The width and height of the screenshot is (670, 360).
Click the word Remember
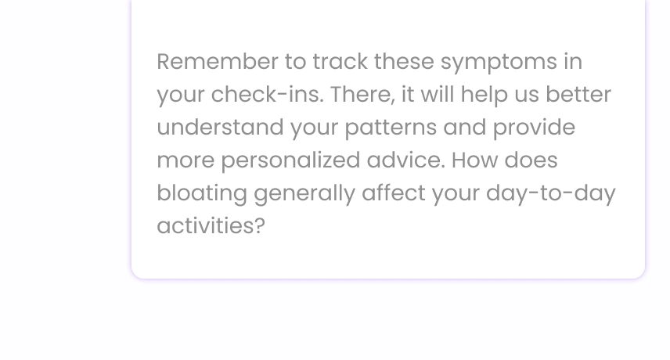218,62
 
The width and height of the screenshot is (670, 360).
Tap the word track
340,62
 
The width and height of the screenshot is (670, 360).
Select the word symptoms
499,63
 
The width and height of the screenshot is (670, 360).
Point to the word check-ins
267,95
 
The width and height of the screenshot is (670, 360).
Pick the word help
484,95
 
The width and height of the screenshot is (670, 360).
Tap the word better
578,95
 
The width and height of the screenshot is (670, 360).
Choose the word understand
220,128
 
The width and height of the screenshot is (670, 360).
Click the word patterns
391,128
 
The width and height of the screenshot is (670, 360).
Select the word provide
534,128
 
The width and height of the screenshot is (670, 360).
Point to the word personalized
290,161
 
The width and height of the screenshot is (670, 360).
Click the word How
475,160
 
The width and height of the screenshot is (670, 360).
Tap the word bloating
202,194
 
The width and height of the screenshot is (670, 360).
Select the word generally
304,194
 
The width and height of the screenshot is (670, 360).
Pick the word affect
394,193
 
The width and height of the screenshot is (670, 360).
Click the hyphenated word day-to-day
551,194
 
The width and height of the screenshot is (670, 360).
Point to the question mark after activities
260,226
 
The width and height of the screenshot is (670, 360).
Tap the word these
404,62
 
